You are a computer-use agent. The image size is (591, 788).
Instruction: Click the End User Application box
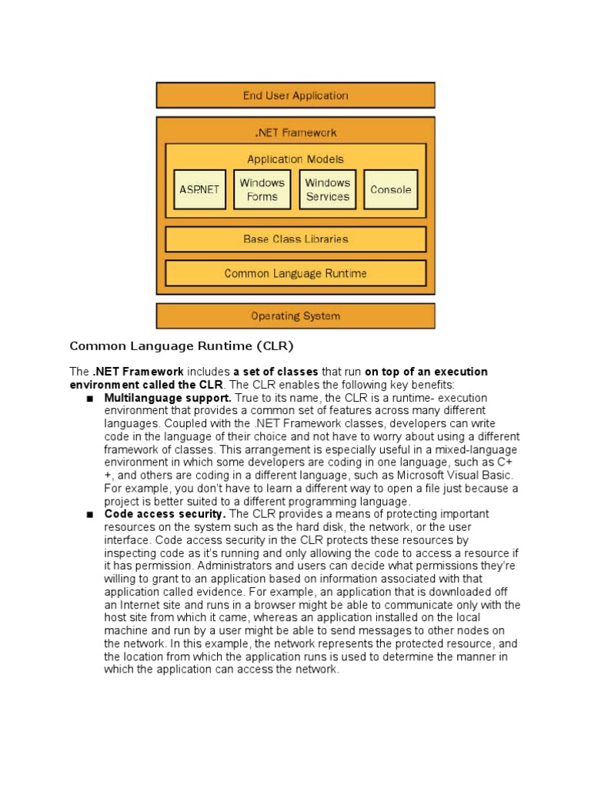pos(295,95)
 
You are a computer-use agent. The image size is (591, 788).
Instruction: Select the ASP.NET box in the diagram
pos(199,190)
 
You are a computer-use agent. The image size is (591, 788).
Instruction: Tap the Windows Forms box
pos(262,190)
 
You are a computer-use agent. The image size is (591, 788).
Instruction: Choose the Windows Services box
pos(327,190)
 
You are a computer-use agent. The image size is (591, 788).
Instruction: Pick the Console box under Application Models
pos(391,190)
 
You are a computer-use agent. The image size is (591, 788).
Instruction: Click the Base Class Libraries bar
pos(295,239)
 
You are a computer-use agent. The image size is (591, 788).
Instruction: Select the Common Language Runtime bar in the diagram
pos(295,273)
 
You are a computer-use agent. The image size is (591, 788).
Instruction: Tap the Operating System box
pos(295,316)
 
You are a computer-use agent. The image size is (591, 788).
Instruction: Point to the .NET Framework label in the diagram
pos(295,132)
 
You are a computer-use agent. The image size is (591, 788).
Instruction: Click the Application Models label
pos(295,159)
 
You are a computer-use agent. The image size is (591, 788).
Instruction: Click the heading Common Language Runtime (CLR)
pos(182,346)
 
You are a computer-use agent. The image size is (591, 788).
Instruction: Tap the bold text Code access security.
pos(165,513)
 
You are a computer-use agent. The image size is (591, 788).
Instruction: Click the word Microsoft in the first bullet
pos(420,476)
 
